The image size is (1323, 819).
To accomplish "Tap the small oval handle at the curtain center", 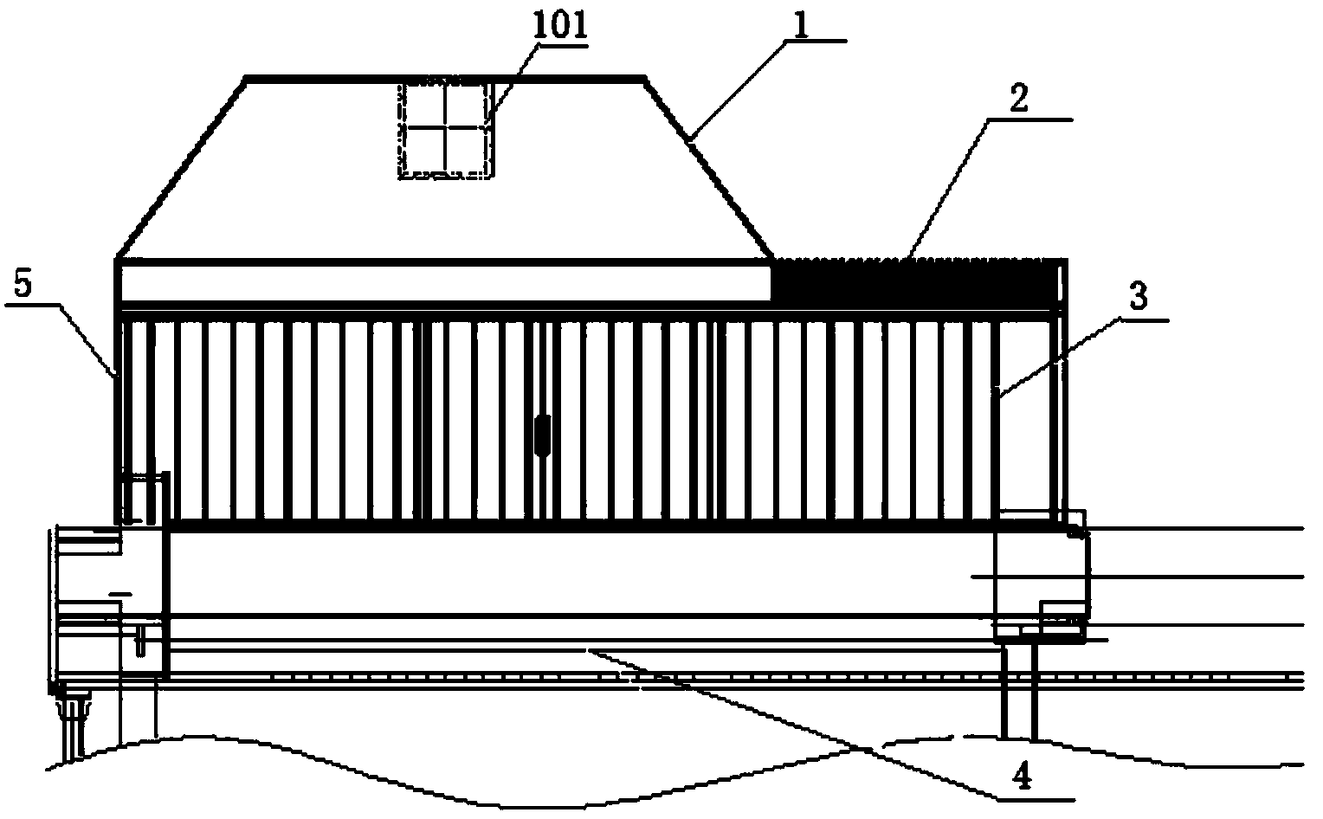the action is pos(543,435).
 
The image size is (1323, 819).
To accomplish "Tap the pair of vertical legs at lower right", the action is pos(1018,693).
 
